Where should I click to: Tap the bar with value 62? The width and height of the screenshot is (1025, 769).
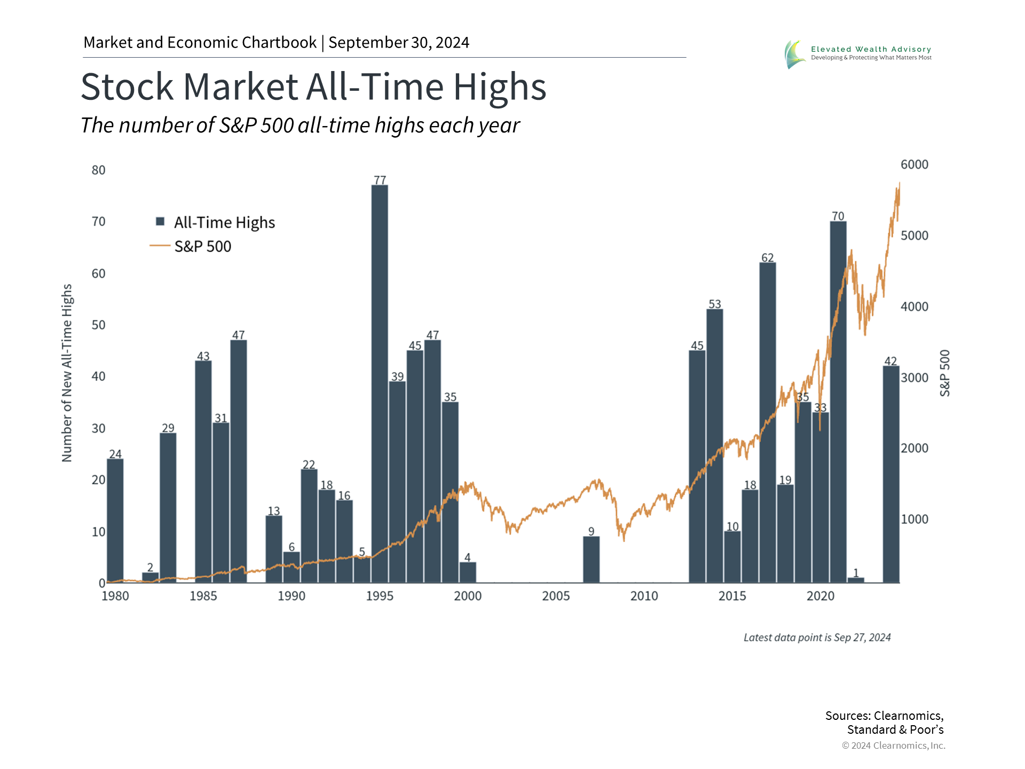(768, 422)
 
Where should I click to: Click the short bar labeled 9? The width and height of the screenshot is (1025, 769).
(591, 559)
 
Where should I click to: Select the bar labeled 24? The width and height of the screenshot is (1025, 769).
(115, 520)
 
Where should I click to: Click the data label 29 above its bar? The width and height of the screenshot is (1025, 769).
(168, 428)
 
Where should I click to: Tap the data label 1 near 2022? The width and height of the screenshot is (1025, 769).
(856, 572)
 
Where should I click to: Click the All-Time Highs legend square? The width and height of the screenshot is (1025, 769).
(160, 222)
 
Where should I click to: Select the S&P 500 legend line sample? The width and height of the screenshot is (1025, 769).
(160, 246)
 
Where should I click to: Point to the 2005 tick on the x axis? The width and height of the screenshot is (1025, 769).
(556, 596)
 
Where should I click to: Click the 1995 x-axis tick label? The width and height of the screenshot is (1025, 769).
(380, 596)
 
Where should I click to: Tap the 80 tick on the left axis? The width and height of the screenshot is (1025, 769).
(99, 170)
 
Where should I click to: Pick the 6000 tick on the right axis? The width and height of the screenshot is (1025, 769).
(914, 164)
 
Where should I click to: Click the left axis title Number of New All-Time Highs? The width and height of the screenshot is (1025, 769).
(67, 373)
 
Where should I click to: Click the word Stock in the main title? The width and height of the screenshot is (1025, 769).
(127, 87)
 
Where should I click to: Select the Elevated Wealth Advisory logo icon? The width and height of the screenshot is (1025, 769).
(794, 54)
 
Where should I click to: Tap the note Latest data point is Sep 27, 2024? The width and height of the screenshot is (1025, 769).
(817, 638)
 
